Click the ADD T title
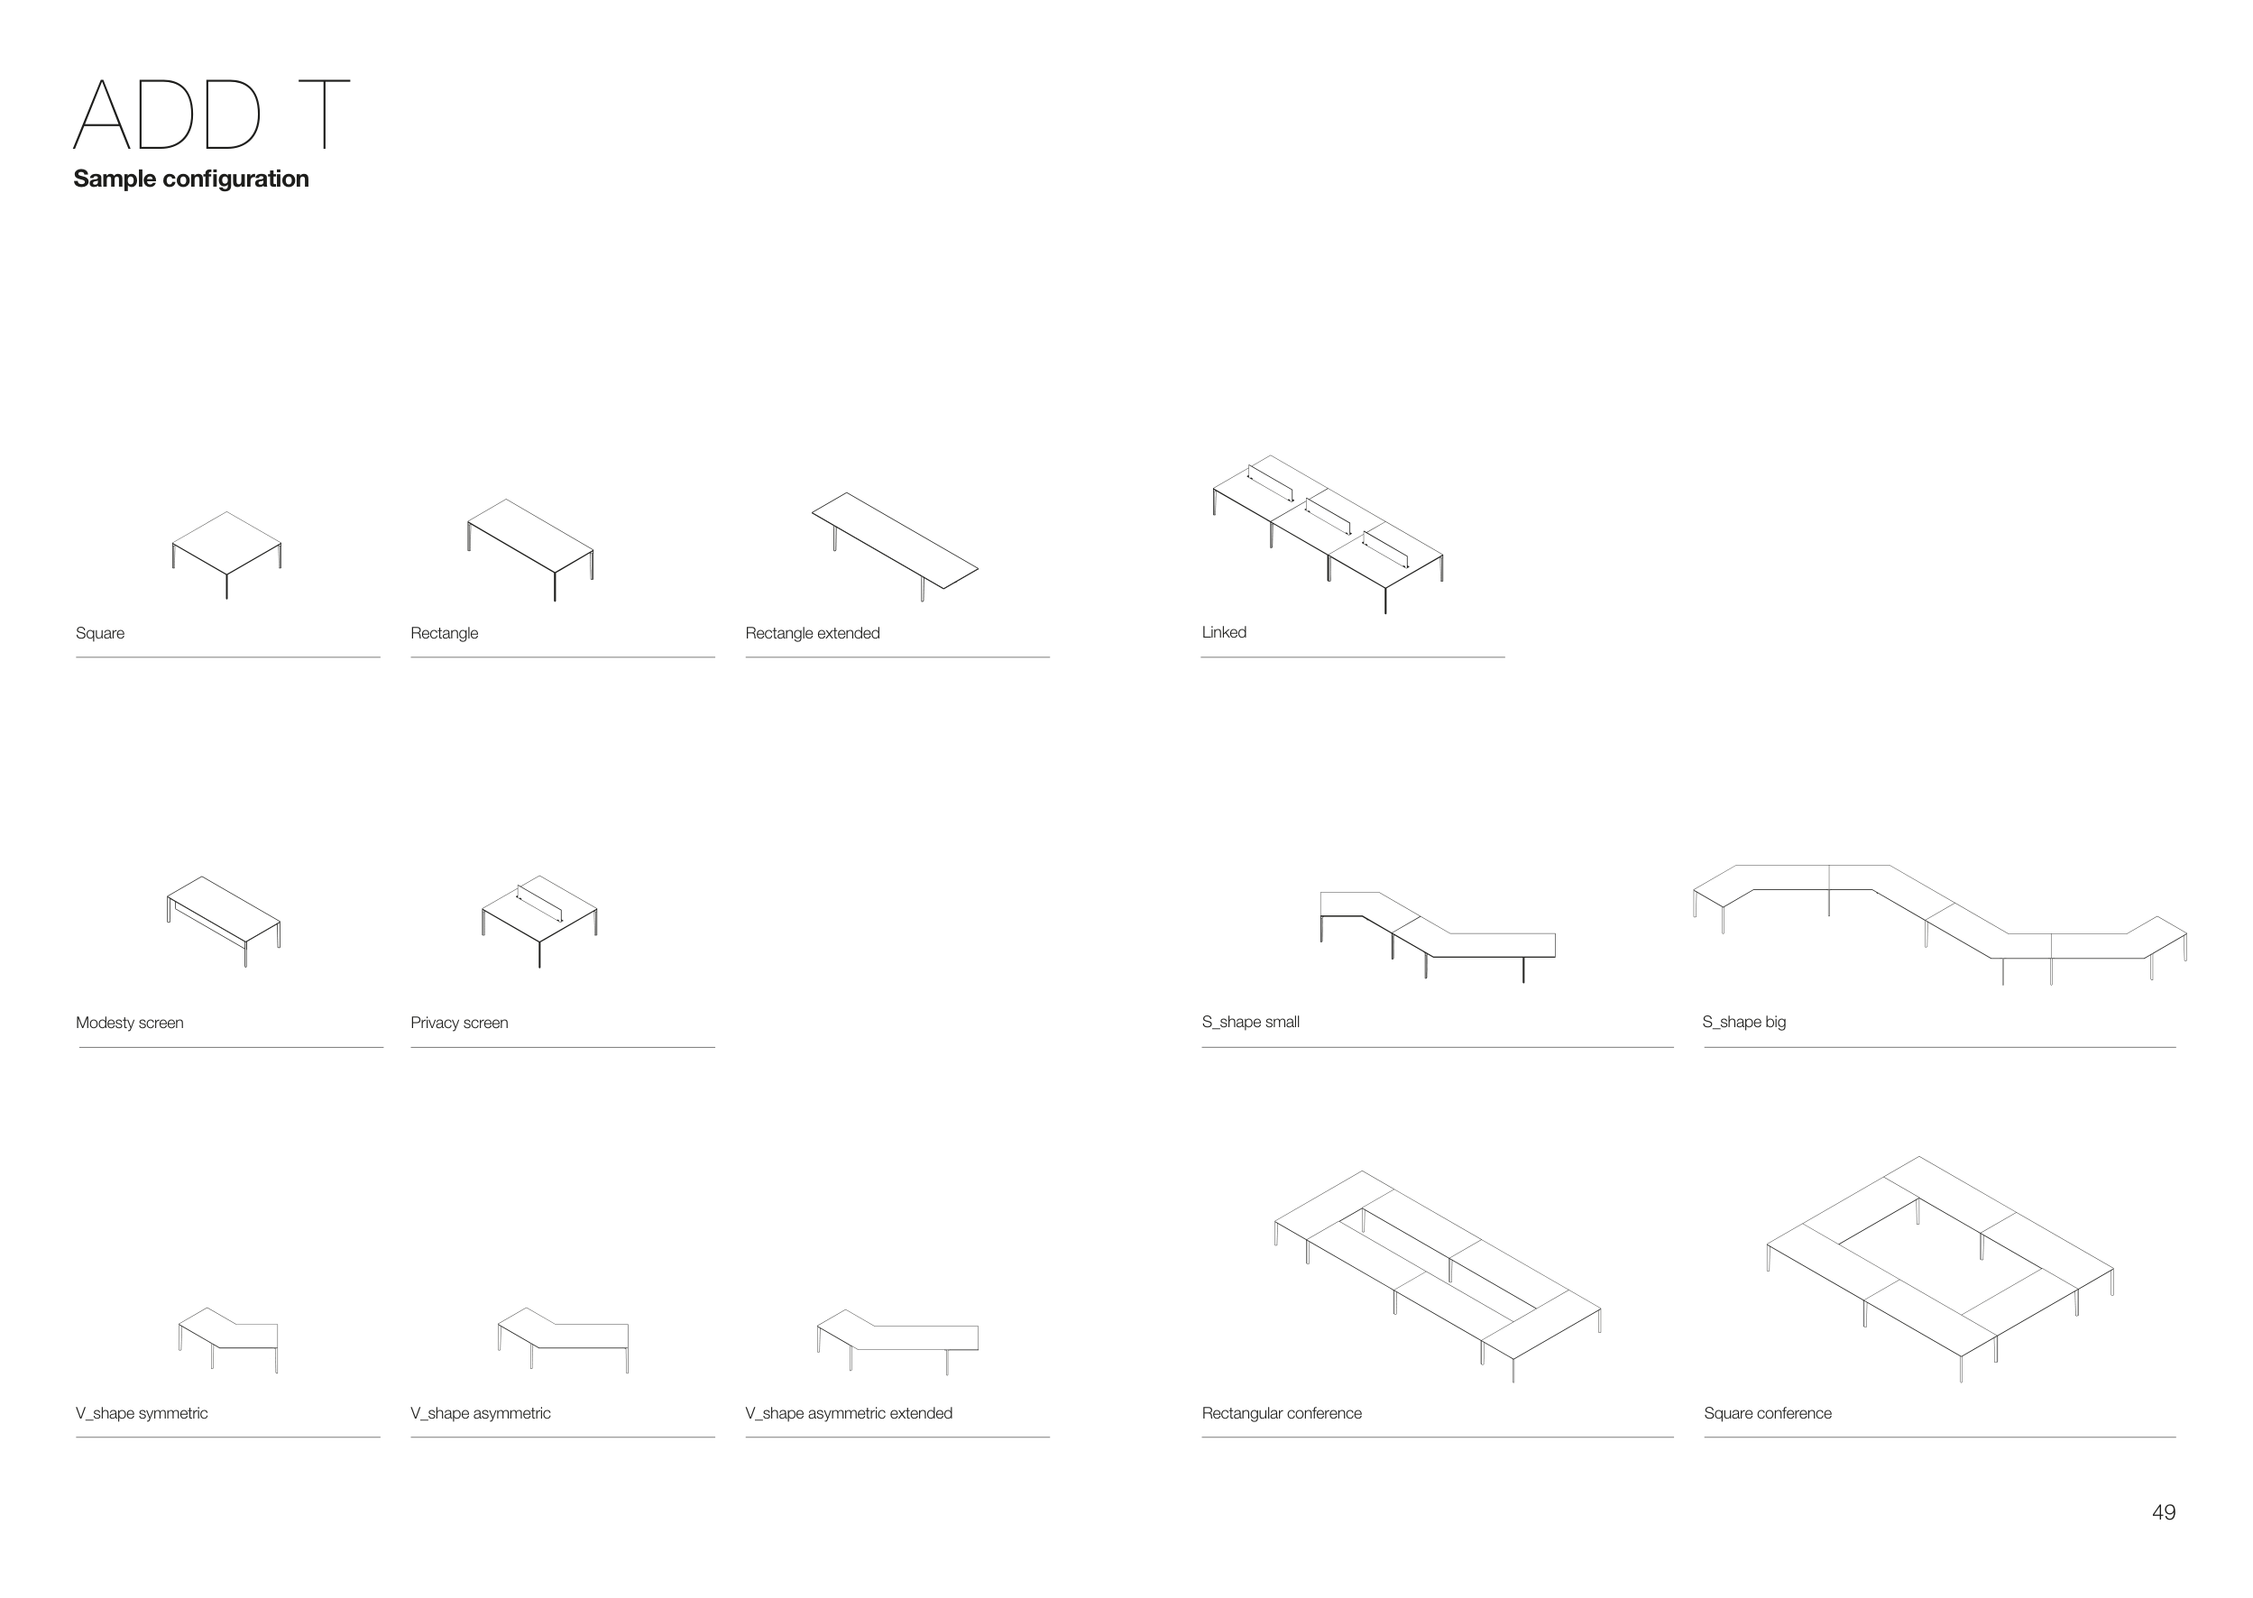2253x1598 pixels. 212,115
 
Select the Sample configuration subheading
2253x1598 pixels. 191,179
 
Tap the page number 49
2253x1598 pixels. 2164,1512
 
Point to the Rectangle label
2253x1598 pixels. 444,633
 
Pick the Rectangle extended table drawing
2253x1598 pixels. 895,540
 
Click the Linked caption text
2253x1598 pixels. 1223,633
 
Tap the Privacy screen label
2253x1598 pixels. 458,1023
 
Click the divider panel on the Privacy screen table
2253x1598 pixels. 539,903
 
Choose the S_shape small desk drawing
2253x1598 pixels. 1437,930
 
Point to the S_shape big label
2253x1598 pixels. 1743,1022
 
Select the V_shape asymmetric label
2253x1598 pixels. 480,1413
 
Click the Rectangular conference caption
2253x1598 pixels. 1281,1413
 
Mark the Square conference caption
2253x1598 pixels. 1767,1413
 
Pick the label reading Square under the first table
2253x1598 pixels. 99,633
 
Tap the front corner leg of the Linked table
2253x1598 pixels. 1385,601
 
